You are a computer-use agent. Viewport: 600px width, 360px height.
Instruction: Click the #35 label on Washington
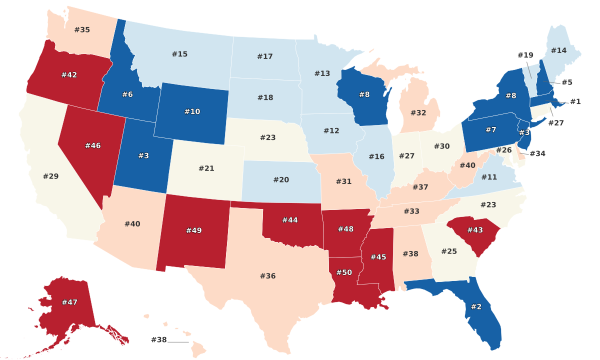point(82,29)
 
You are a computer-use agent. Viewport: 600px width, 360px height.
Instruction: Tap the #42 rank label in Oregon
point(69,75)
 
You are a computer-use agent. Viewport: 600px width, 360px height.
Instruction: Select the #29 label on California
point(50,176)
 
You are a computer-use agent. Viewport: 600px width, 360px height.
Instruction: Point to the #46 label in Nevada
point(92,145)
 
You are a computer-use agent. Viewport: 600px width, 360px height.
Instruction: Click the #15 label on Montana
point(179,54)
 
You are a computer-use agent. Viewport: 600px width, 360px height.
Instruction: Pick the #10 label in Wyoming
point(192,111)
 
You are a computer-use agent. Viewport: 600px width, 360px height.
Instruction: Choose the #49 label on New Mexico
point(193,230)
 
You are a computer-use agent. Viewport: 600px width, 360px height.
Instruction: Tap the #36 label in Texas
point(267,275)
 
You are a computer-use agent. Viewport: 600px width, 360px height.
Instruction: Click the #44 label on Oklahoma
point(290,220)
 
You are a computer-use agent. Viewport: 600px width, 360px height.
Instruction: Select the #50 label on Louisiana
point(344,272)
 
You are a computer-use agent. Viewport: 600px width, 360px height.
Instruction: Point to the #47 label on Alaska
point(69,302)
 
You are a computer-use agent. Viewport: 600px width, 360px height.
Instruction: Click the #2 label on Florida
point(476,306)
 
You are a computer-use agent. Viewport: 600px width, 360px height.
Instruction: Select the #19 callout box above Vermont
point(525,55)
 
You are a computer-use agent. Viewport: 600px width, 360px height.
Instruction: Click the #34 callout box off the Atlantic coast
point(537,153)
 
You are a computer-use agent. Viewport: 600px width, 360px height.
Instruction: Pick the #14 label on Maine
point(558,50)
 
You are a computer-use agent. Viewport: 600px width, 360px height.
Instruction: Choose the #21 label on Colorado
point(206,168)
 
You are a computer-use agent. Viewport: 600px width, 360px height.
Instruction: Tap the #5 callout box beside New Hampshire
point(566,82)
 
